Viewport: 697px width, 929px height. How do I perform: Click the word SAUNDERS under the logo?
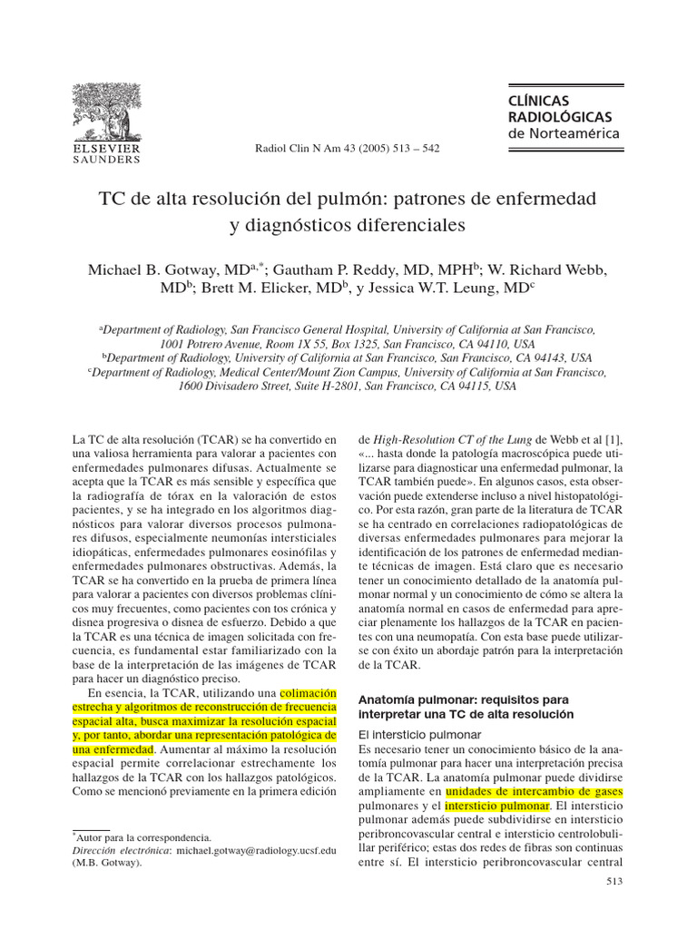[106, 159]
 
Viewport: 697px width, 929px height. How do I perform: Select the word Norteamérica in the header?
[576, 133]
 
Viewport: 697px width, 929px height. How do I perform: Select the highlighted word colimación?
[309, 694]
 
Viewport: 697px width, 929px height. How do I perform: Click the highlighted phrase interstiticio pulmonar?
[497, 805]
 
